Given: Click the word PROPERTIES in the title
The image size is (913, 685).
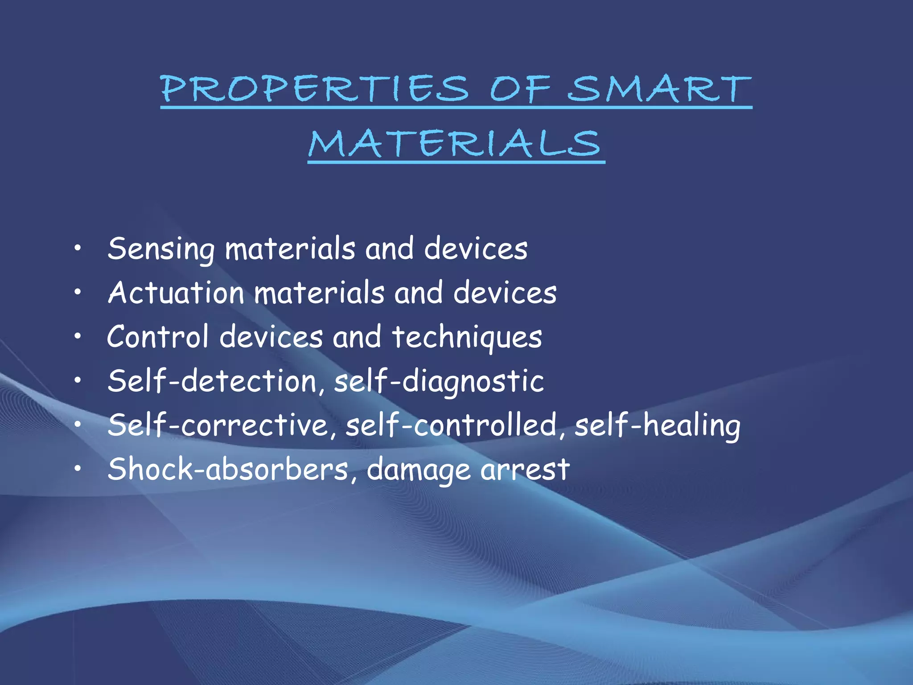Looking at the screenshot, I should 315,88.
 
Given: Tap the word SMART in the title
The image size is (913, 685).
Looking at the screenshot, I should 659,88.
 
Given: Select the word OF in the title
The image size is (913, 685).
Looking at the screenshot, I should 520,88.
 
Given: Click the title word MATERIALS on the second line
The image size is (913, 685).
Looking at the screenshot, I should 456,144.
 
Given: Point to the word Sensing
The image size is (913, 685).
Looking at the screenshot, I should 161,249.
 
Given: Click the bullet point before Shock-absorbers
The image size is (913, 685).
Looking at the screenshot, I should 78,468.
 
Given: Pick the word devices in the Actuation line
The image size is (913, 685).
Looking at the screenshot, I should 505,293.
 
